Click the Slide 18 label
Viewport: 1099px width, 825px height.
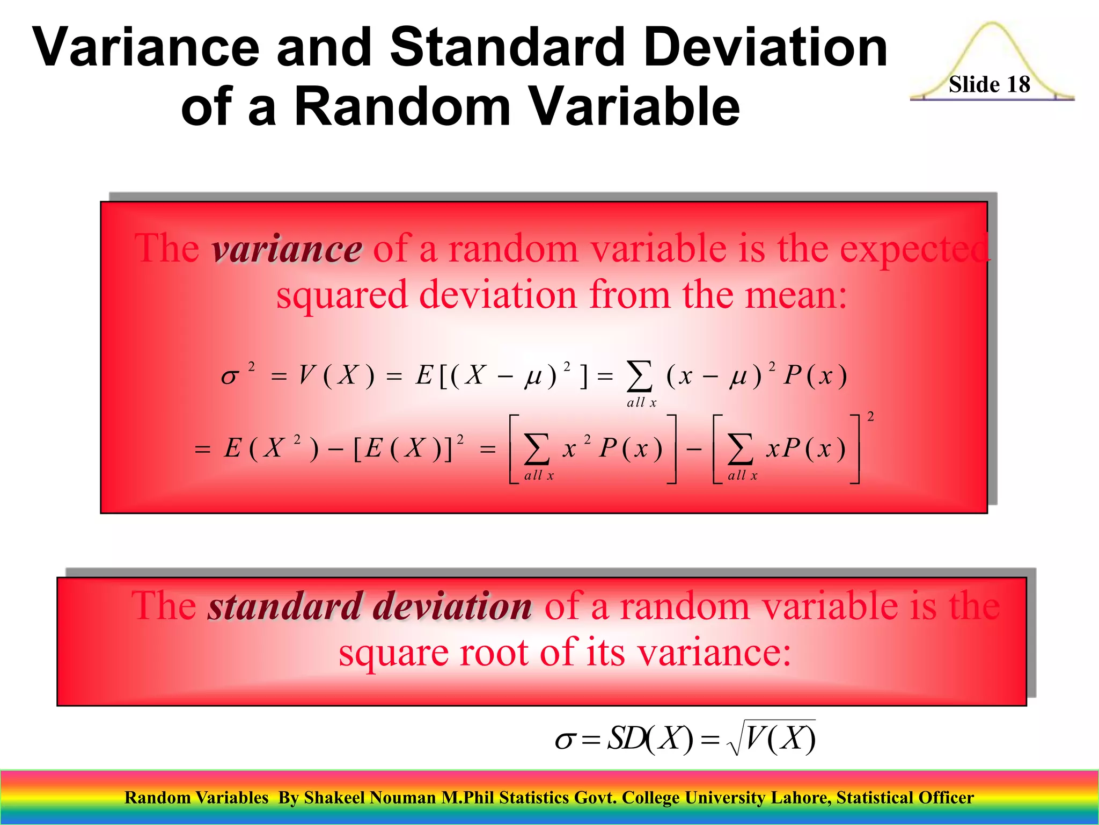989,84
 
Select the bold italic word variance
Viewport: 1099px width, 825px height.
287,250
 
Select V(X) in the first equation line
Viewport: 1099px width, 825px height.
336,375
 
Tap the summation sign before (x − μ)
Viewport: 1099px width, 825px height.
640,376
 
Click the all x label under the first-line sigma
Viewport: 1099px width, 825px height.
641,403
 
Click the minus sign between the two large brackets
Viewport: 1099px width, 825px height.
694,448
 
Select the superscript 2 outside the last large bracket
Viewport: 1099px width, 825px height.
870,417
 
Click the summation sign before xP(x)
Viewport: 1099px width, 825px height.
740,448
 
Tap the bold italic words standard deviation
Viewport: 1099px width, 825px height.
370,606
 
